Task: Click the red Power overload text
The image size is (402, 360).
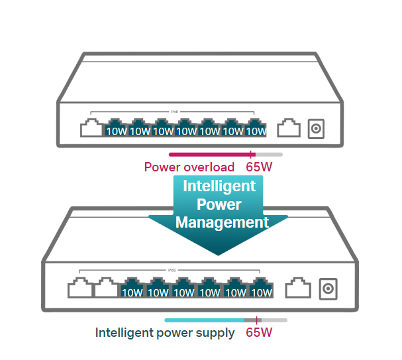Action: click(189, 167)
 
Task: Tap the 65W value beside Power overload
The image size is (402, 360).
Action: click(259, 167)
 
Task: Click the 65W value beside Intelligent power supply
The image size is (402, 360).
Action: click(259, 332)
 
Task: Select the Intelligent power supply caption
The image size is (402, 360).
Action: click(165, 332)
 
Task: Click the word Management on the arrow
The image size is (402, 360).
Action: click(223, 222)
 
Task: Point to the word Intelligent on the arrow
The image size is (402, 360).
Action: click(219, 186)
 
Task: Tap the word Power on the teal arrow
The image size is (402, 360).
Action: click(219, 204)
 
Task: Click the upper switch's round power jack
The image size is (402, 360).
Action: click(317, 128)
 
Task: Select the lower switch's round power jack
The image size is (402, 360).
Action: click(327, 289)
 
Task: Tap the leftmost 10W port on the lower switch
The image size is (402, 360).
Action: click(132, 289)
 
